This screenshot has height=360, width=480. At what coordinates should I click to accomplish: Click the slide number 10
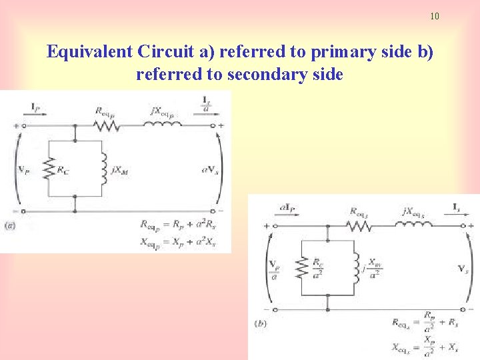click(x=435, y=16)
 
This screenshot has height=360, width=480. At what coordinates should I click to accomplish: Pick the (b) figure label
click(x=261, y=324)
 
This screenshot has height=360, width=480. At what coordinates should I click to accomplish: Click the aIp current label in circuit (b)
click(x=288, y=209)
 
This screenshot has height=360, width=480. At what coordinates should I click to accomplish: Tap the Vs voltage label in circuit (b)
click(x=461, y=269)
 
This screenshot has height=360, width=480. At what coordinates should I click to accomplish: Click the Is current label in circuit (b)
click(x=456, y=209)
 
